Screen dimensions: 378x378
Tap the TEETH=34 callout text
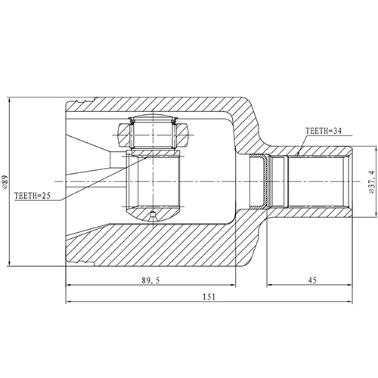pos(324,131)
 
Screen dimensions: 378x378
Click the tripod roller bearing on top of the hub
pos(153,135)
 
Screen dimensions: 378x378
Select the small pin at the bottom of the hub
pos(153,216)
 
